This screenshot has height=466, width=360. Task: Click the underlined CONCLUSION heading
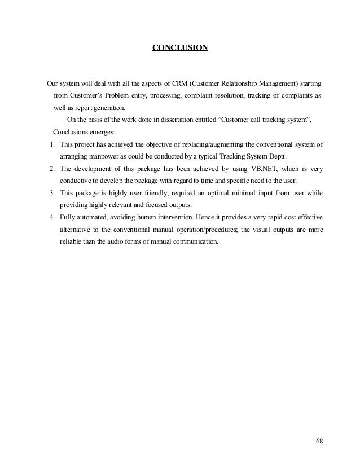coord(180,47)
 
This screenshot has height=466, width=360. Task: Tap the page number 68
coord(319,441)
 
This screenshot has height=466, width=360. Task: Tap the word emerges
coord(99,133)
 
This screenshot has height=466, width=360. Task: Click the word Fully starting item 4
coord(67,218)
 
